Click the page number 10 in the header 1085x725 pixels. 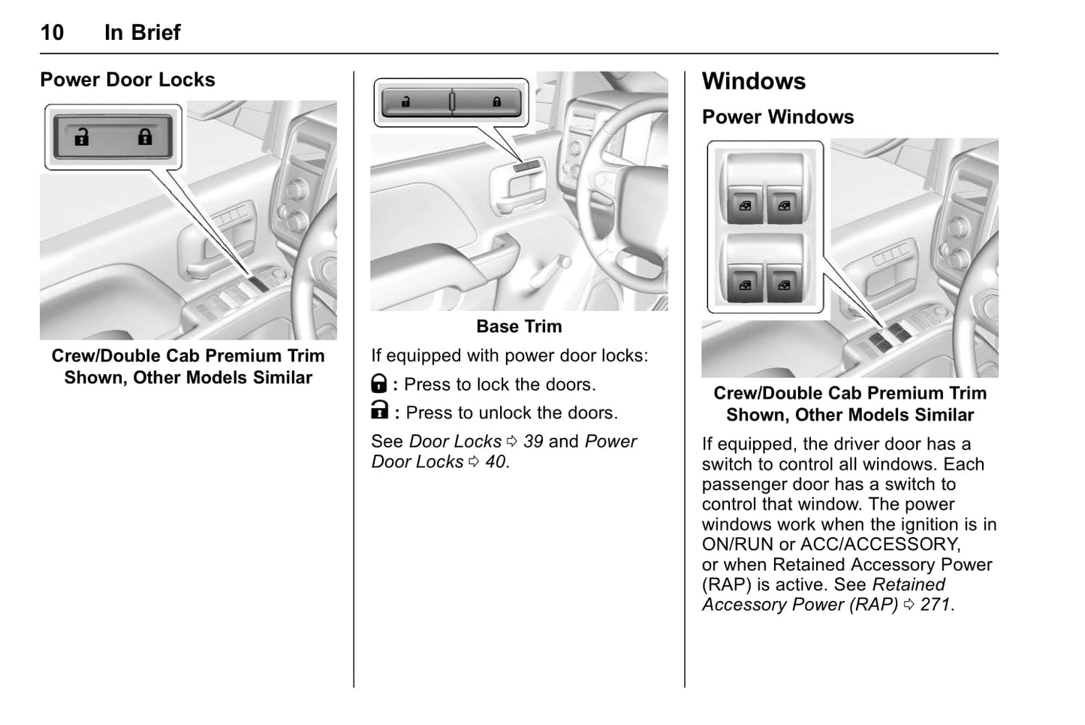click(x=52, y=32)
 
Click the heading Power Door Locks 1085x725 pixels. click(x=127, y=80)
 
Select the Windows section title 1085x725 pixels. click(x=753, y=81)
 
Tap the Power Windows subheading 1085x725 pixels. click(x=777, y=117)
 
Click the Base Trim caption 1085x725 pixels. click(x=519, y=326)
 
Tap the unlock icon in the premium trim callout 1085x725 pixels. click(x=81, y=137)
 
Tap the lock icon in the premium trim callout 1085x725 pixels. click(x=145, y=137)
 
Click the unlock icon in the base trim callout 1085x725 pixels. click(x=406, y=102)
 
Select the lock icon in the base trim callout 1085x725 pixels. click(x=496, y=102)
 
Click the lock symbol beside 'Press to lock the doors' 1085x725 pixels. click(x=379, y=385)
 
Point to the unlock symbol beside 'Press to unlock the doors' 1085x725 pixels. click(x=380, y=411)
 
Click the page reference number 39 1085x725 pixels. click(x=533, y=441)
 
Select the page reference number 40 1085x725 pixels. click(x=495, y=461)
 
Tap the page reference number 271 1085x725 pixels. click(x=935, y=604)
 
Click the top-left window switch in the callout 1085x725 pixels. click(x=745, y=205)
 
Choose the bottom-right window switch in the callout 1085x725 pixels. click(x=784, y=285)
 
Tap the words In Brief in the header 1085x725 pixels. click(x=142, y=32)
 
